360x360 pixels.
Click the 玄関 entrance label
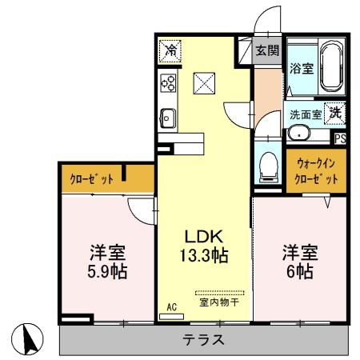tap(266, 50)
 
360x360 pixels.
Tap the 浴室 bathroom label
tap(301, 70)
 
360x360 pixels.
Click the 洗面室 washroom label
tap(306, 114)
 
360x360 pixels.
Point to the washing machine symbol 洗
tap(337, 113)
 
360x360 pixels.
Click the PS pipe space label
tap(340, 137)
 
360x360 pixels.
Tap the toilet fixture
tap(268, 166)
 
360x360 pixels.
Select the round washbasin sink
tap(299, 134)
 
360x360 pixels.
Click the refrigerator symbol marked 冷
tap(170, 50)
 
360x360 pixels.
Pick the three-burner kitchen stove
tap(169, 82)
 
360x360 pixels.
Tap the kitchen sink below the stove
tap(168, 118)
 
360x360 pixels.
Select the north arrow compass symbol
tap(30, 339)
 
